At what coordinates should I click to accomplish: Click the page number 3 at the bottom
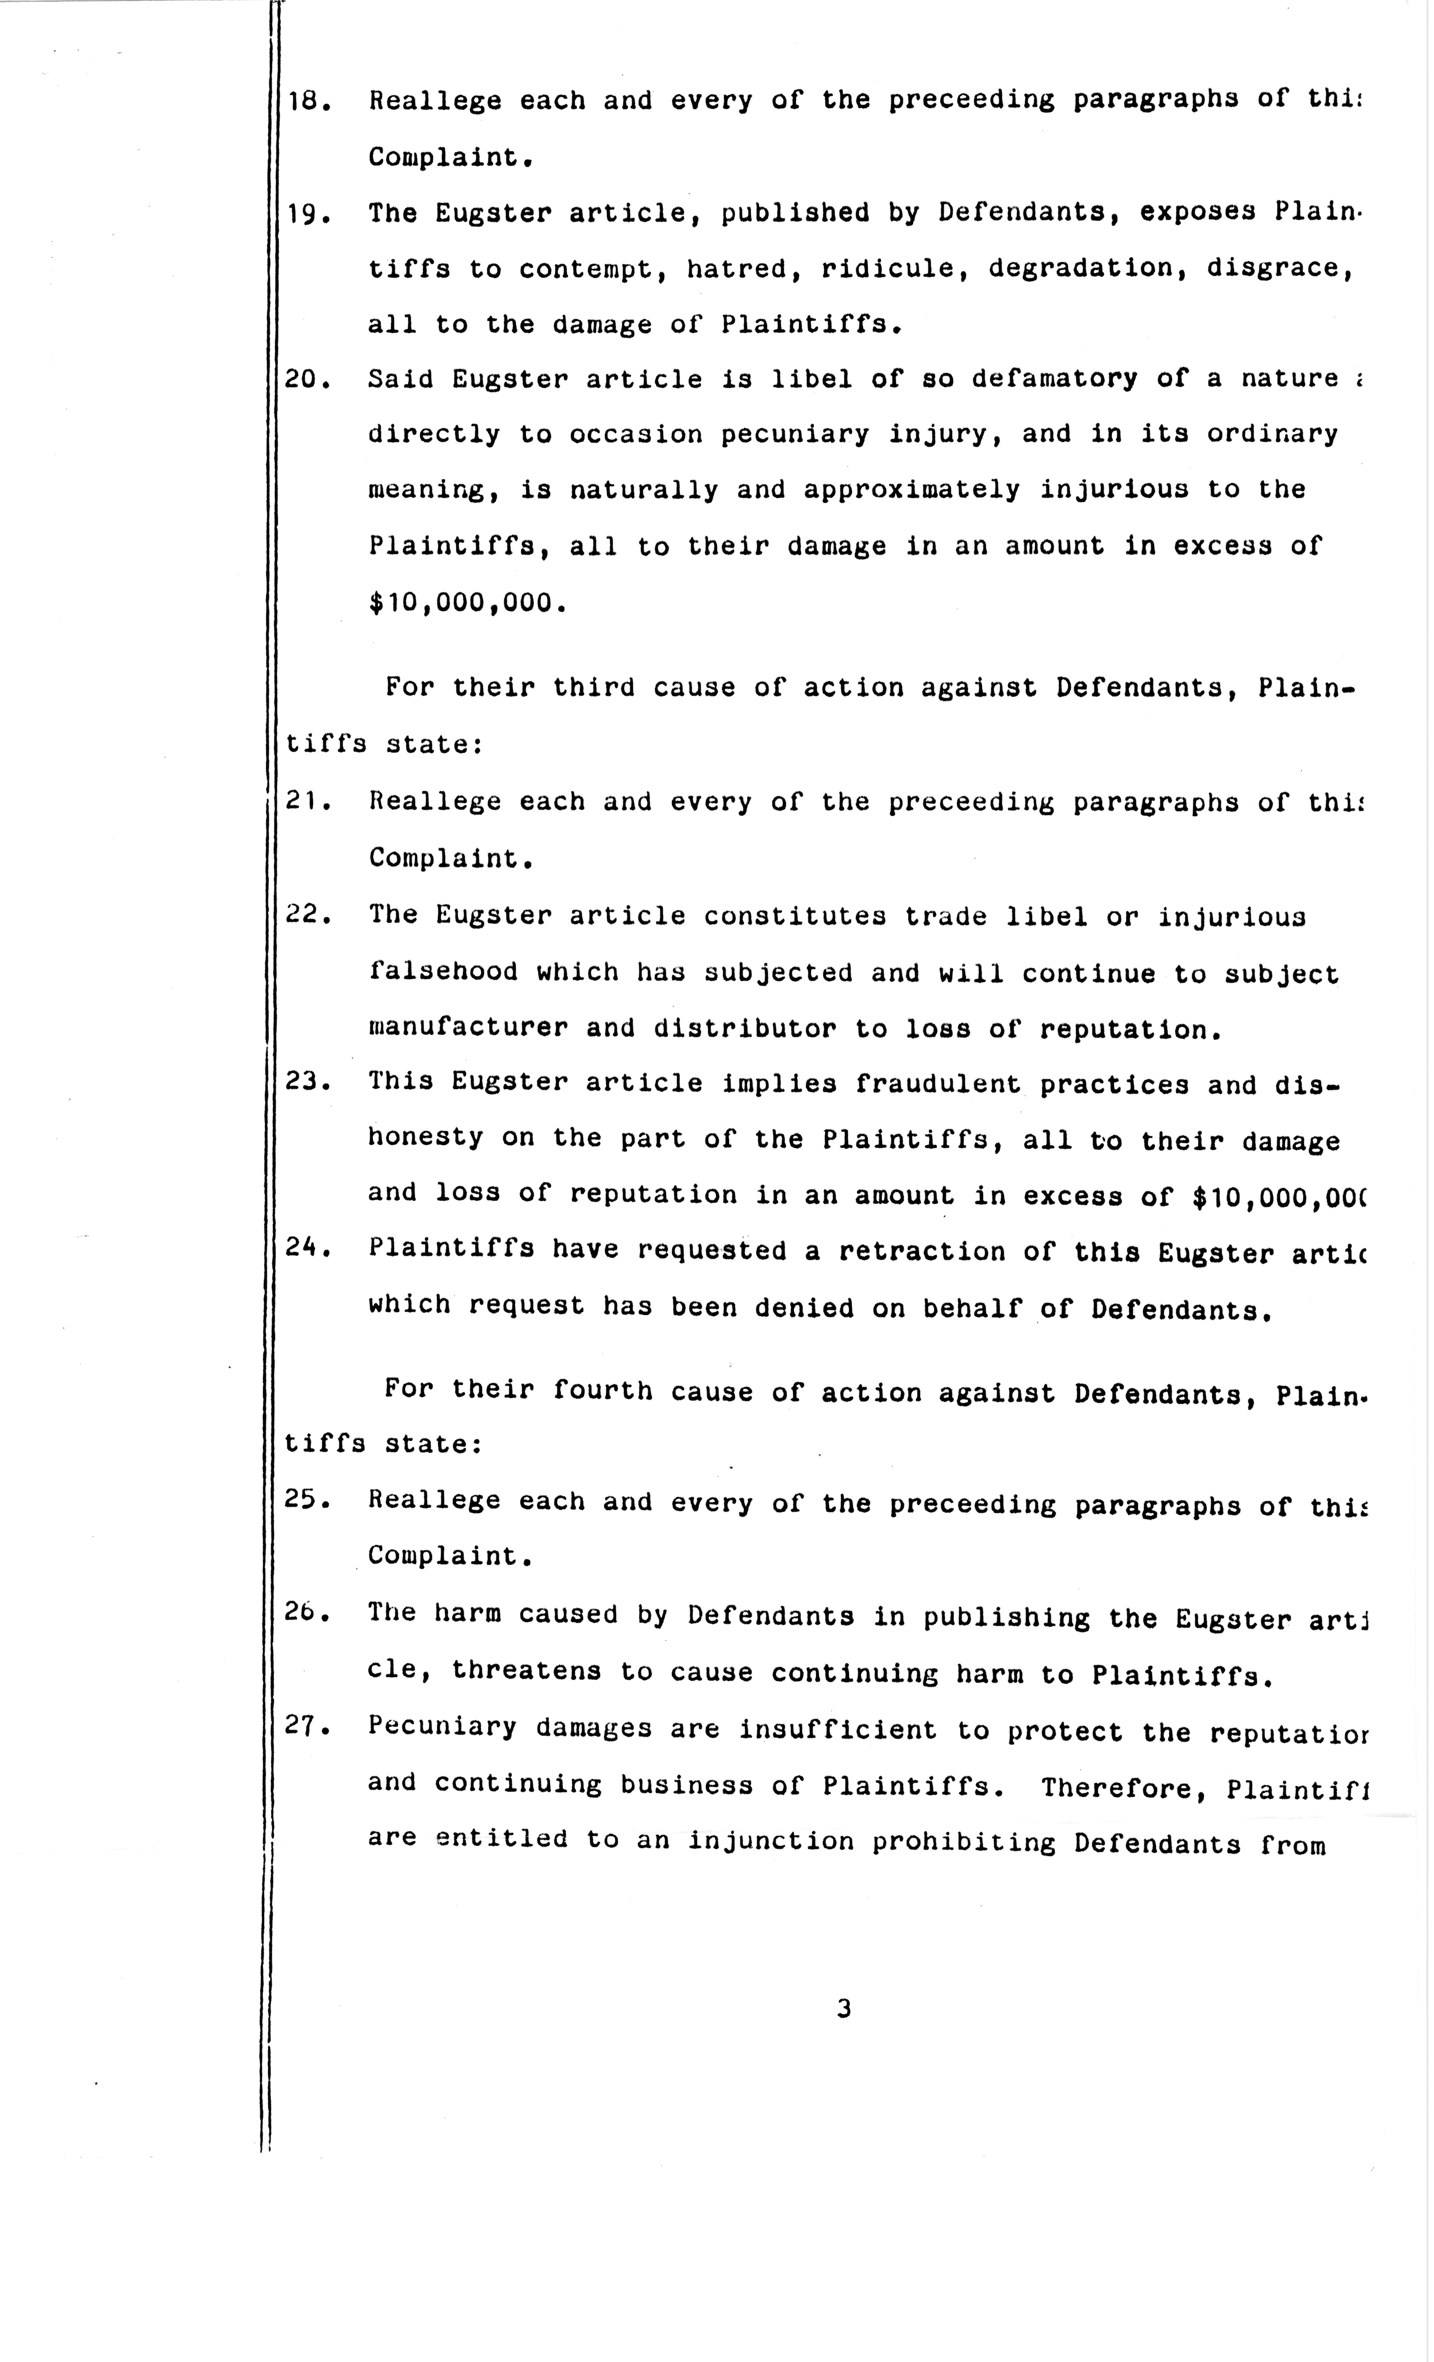pos(844,2008)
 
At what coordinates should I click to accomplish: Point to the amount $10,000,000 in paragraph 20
pos(463,603)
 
